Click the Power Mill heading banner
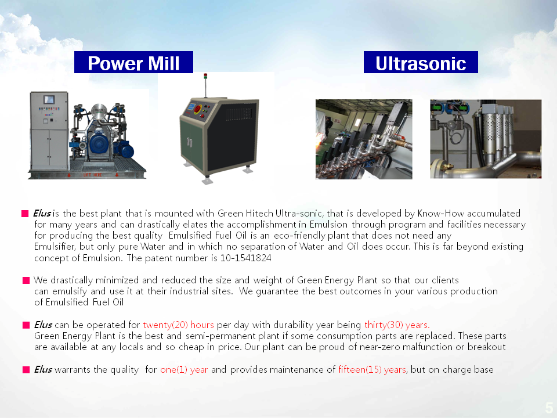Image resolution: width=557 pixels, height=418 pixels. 133,62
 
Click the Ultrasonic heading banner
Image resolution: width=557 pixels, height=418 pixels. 421,62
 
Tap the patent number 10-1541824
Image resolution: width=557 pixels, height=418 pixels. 245,258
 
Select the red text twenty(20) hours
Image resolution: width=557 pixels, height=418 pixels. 178,325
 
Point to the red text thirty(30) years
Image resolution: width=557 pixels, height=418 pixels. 397,325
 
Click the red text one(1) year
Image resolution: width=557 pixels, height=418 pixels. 184,370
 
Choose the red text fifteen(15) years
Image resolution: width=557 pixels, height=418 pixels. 372,370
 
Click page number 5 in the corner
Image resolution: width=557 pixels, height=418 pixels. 549,408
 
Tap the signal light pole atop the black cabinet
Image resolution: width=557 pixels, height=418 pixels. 205,85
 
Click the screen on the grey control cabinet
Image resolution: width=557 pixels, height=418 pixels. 49,99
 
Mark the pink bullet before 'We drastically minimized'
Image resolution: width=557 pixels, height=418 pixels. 26,280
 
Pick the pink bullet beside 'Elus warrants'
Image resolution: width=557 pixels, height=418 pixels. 26,370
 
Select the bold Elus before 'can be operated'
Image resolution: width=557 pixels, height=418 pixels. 43,325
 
